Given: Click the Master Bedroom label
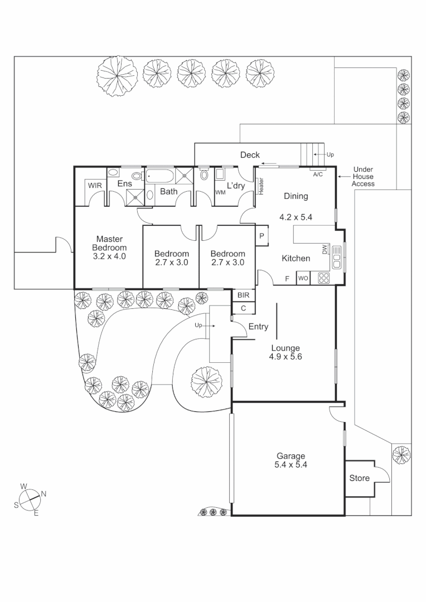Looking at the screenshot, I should click(x=109, y=247).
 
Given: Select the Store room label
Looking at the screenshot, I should click(x=359, y=478).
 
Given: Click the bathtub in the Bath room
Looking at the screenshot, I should click(x=161, y=177).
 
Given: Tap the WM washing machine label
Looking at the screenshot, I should click(x=221, y=192).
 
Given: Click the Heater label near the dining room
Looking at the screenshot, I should click(x=260, y=186).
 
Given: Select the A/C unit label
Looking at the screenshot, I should click(x=318, y=174).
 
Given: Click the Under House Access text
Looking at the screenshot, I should click(x=363, y=177).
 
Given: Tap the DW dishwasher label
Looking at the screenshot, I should click(x=325, y=250).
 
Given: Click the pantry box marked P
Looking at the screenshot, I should click(x=262, y=236).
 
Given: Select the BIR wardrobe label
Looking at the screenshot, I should click(x=243, y=295).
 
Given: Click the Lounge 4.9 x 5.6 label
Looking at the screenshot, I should click(x=285, y=352).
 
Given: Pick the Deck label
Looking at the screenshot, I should click(x=250, y=155).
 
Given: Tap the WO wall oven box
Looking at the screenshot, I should click(x=303, y=278).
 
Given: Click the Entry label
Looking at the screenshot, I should click(x=258, y=327).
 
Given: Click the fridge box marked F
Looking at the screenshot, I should click(x=287, y=278).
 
